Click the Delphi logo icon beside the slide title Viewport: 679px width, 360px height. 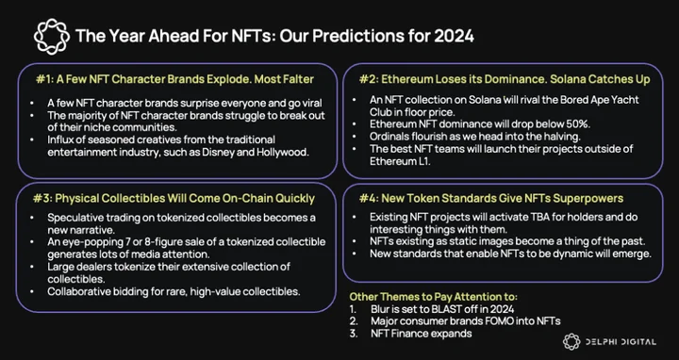tap(52, 37)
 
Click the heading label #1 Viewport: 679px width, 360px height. tap(44, 79)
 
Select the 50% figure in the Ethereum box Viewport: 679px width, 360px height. tap(579, 124)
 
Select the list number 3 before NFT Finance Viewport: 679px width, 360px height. tap(354, 334)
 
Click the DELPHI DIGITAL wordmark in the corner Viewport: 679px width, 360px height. tap(621, 342)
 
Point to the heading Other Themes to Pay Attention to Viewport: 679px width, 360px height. tap(434, 297)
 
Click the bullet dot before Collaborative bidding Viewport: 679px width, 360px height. tap(32, 291)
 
